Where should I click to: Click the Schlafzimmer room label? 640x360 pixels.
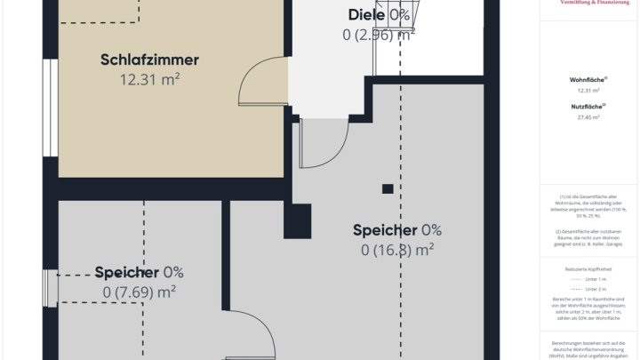(x=149, y=60)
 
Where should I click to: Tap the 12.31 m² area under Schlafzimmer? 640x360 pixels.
(x=150, y=79)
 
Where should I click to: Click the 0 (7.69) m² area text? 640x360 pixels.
(x=139, y=292)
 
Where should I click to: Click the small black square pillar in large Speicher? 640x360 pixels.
(x=387, y=188)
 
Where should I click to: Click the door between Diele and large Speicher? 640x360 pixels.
(x=324, y=142)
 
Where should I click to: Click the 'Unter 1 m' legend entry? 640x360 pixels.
(x=596, y=277)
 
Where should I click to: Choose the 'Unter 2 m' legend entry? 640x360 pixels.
(x=596, y=289)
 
